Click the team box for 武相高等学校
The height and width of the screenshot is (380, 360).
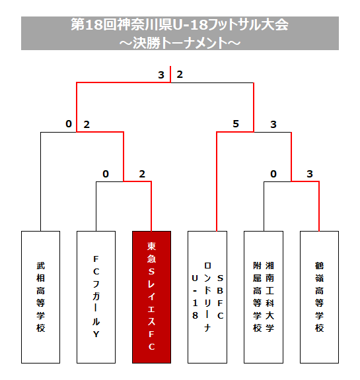pos(40,297)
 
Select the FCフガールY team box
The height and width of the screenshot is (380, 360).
pos(96,297)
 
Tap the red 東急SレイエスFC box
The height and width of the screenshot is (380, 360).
pos(152,297)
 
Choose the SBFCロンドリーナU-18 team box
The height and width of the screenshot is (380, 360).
pos(207,297)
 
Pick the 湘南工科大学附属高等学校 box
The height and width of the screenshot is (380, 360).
pos(264,297)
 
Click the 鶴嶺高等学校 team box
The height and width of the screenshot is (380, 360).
pos(319,297)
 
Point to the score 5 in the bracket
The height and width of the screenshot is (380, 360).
pos(236,124)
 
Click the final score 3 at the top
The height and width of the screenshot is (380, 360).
pos(161,75)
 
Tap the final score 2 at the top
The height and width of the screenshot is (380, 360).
pos(180,75)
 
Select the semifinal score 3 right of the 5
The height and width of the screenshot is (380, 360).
pos(273,124)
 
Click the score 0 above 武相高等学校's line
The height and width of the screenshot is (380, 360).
pos(69,124)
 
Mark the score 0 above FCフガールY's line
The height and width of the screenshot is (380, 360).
pos(106,174)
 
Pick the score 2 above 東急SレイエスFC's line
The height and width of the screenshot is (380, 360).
pos(142,174)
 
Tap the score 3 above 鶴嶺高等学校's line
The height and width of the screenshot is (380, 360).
pos(310,174)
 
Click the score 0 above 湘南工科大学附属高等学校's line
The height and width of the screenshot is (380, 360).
pos(273,174)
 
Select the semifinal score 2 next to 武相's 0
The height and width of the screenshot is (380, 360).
pos(87,125)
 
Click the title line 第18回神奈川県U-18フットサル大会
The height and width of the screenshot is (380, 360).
pos(180,24)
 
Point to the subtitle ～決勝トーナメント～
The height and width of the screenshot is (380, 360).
pos(180,43)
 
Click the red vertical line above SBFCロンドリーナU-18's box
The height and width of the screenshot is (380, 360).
pos(217,181)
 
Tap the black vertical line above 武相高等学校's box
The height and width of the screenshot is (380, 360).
pos(40,181)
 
